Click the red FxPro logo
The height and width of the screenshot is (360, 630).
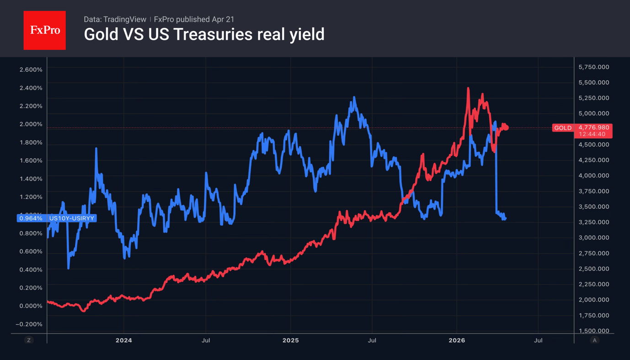point(44,30)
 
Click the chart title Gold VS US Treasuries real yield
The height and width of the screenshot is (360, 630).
point(204,35)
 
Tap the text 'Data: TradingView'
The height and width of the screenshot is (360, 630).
point(115,20)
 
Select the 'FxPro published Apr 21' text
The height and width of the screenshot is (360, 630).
point(194,20)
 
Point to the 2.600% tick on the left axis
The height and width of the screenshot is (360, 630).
point(31,69)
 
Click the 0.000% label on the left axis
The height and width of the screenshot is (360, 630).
point(31,306)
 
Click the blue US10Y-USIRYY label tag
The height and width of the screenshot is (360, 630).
point(71,218)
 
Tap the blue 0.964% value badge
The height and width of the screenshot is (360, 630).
point(31,218)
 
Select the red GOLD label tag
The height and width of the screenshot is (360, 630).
point(563,128)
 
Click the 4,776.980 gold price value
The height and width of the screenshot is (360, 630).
point(594,127)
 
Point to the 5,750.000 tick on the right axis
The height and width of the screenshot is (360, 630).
point(593,67)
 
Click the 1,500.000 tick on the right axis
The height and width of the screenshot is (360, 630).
point(593,331)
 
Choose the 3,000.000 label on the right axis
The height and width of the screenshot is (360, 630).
point(593,238)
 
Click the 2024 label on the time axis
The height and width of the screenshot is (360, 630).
point(123,340)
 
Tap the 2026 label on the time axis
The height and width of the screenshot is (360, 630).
point(457,340)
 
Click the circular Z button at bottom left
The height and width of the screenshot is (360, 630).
point(29,340)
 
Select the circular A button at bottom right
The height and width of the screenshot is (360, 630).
point(594,340)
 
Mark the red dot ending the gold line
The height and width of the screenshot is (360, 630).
point(506,128)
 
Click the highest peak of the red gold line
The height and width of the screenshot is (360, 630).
point(468,88)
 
